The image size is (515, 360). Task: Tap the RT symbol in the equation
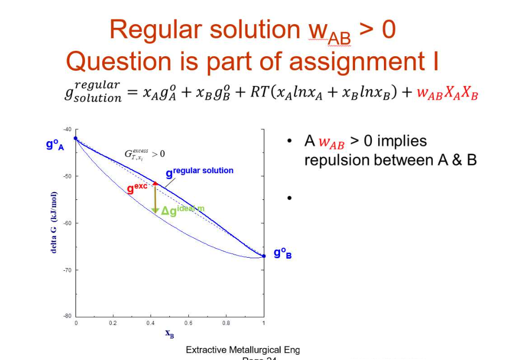point(259,92)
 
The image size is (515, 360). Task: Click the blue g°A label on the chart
point(55,144)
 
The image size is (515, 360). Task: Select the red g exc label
point(137,188)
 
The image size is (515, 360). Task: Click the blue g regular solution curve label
point(200,172)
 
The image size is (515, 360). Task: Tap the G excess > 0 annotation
point(144,153)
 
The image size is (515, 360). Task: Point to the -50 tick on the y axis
point(68,176)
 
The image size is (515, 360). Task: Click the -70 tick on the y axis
point(68,270)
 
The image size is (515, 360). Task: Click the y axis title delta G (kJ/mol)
point(53,223)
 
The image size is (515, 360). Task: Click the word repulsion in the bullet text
point(337,160)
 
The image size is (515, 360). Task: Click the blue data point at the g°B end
point(263,256)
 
